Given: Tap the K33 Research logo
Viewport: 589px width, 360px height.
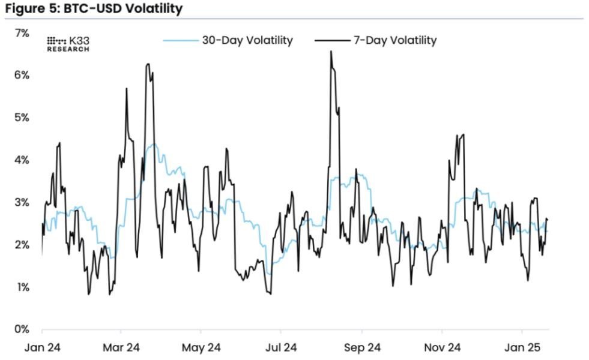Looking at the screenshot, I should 68,43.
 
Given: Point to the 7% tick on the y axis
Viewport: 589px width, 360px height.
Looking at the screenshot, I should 21,32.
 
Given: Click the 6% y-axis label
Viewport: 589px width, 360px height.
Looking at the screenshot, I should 21,75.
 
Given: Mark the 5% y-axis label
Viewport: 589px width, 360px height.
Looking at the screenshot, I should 21,117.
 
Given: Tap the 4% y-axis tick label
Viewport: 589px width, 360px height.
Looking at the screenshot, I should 21,160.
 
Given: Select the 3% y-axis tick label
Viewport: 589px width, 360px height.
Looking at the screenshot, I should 21,202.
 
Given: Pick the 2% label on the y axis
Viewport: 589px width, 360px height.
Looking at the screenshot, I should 21,245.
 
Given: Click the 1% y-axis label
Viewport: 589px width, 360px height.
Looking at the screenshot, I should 21,287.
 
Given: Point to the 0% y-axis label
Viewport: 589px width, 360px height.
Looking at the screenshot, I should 21,329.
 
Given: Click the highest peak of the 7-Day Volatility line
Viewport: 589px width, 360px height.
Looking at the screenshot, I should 331,52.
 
